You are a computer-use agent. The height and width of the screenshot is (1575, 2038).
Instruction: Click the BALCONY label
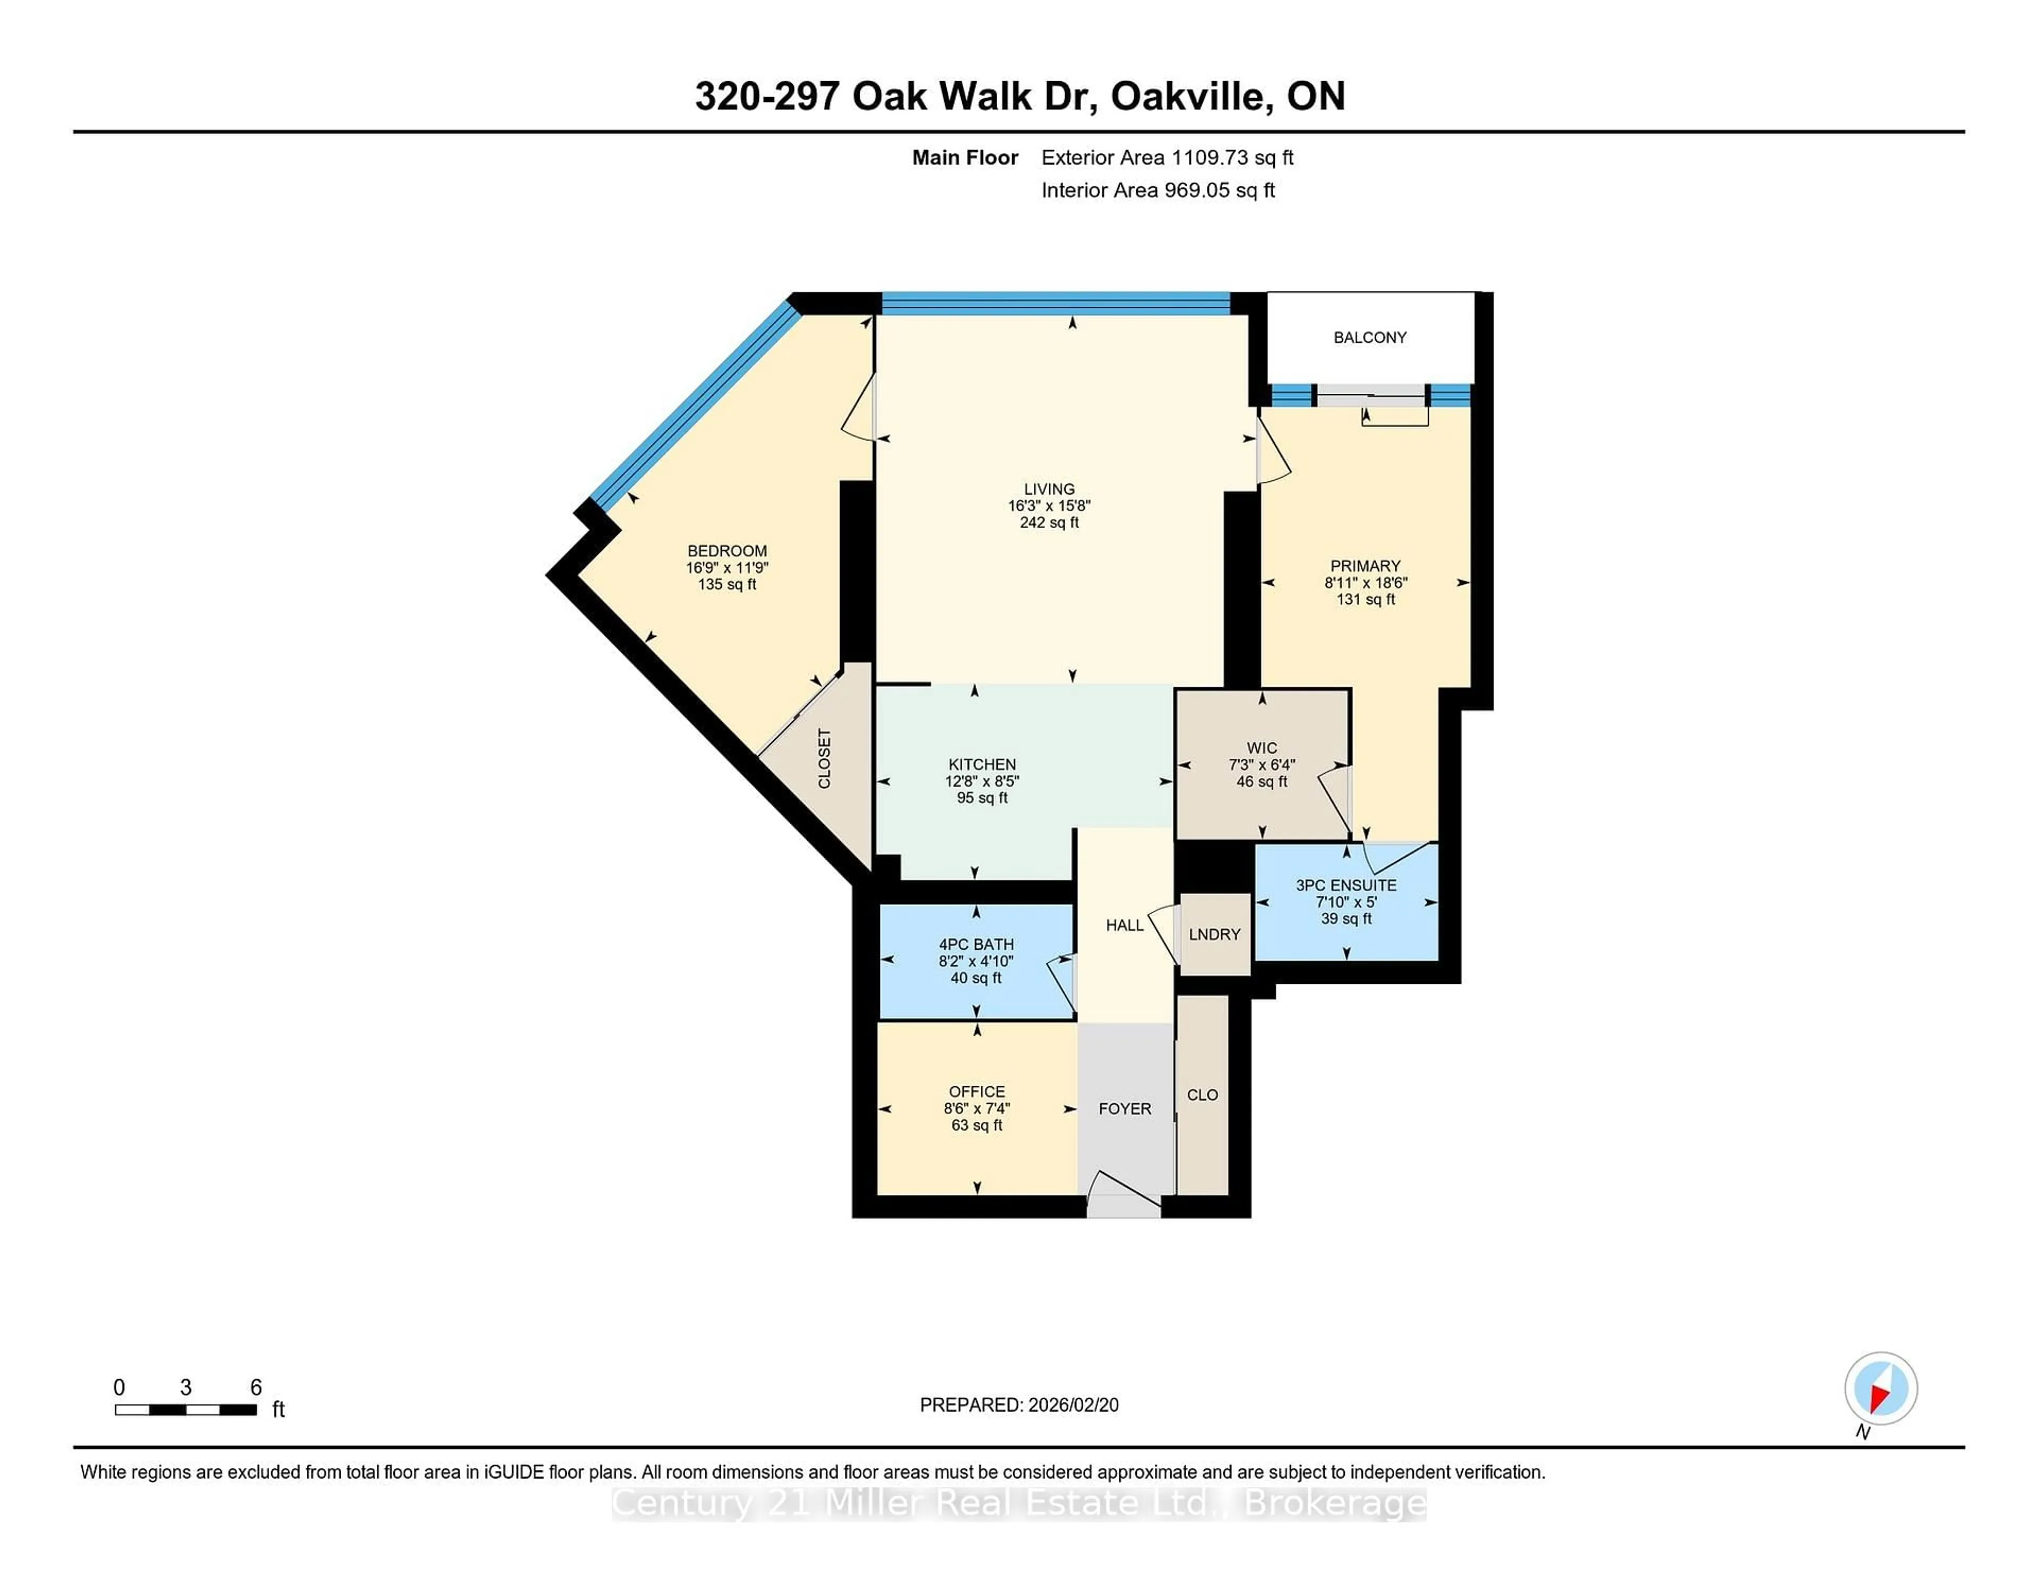(x=1369, y=338)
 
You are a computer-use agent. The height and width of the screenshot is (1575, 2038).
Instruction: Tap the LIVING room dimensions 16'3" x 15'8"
(x=1049, y=506)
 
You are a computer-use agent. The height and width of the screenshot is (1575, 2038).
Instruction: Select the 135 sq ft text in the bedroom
(x=727, y=585)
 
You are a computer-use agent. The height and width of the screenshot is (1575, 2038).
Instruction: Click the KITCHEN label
(x=982, y=764)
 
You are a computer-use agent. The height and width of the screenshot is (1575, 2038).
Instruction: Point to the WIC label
(x=1262, y=747)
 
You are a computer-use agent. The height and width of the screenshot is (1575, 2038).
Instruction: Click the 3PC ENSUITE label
(x=1345, y=886)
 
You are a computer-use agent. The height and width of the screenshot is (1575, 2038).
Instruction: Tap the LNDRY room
(x=1214, y=934)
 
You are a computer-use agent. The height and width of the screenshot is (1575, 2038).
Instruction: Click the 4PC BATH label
(x=976, y=944)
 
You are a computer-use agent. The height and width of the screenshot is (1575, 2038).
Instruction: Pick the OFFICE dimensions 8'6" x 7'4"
(x=976, y=1109)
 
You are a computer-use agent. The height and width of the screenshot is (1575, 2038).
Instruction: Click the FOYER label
(x=1125, y=1109)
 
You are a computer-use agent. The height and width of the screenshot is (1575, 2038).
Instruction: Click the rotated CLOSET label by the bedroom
(x=824, y=758)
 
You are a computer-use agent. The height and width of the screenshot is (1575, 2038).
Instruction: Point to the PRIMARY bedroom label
(x=1365, y=566)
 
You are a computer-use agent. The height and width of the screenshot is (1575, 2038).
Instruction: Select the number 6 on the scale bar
(x=256, y=1388)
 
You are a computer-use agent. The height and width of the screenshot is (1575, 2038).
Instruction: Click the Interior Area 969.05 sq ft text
(x=1158, y=191)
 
